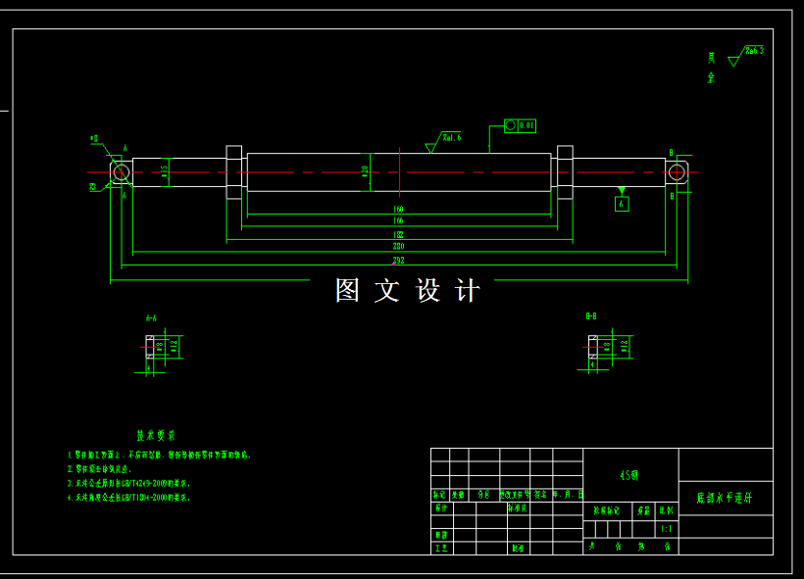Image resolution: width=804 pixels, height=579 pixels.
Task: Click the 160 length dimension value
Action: coord(398,210)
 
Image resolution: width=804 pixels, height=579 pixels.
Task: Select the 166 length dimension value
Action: coord(398,221)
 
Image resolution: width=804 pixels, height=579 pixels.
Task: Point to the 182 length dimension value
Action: coord(398,235)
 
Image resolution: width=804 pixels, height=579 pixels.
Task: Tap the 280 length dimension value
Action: coord(398,247)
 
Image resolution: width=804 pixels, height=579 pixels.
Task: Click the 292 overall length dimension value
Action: coord(398,261)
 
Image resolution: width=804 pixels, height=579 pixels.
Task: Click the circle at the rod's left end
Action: coord(121,172)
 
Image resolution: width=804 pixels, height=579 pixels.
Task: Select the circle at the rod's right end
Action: coord(677,172)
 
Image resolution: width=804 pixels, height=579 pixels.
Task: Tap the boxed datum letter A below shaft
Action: coord(621,204)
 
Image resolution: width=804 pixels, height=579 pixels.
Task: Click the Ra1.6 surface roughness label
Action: coord(451,138)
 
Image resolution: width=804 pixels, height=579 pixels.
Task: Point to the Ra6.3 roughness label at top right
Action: coord(753,50)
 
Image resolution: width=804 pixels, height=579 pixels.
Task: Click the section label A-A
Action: coord(151,317)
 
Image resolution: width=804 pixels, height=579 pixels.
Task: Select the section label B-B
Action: coord(591,316)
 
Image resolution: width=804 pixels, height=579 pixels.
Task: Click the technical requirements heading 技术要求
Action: coord(156,435)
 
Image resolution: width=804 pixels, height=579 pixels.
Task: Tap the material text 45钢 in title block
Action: coord(629,475)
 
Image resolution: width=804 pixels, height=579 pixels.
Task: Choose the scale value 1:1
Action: coord(667,529)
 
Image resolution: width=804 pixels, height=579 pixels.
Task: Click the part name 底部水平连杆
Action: coord(725,498)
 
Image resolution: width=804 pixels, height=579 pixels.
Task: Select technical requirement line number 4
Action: coord(127,498)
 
